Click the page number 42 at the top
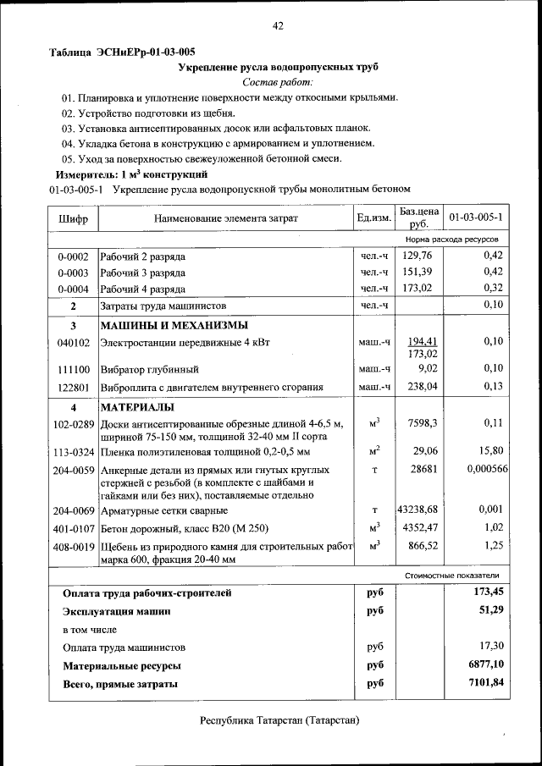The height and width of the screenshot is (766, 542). (277, 25)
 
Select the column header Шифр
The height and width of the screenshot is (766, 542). (74, 219)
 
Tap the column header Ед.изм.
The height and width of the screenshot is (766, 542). (373, 218)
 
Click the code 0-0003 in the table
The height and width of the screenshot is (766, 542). (74, 273)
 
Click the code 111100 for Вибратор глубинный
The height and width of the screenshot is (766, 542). (74, 370)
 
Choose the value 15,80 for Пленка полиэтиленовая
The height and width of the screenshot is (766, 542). (490, 452)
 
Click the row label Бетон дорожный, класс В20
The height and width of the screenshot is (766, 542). (185, 529)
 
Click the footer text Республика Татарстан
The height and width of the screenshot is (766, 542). (279, 721)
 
